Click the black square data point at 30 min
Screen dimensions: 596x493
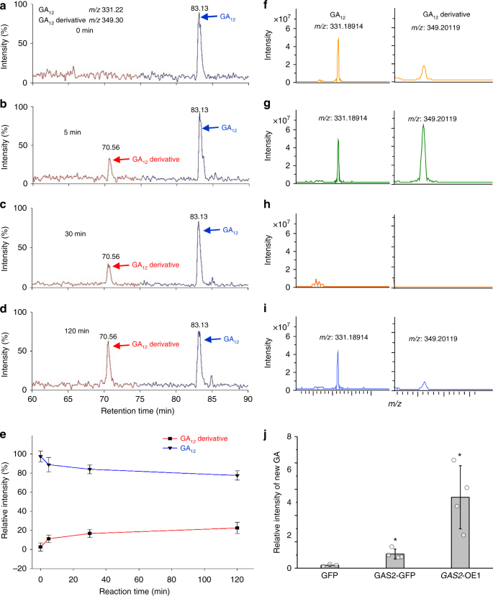(x=90, y=533)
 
